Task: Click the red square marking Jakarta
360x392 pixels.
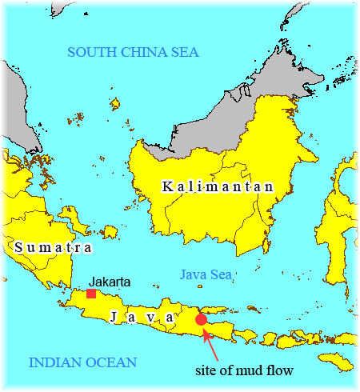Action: coord(91,294)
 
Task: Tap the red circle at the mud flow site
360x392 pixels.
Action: coord(202,319)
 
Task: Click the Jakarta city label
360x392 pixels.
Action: coord(110,282)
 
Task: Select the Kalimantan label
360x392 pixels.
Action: coord(218,186)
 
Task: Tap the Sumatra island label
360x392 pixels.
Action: coord(53,247)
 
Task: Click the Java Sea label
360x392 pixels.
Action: coord(206,274)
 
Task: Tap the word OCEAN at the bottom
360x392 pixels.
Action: coord(112,362)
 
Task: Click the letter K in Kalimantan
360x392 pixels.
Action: coord(166,186)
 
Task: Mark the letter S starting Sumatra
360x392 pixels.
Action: coord(19,247)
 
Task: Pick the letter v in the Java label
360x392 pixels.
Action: coord(150,318)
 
